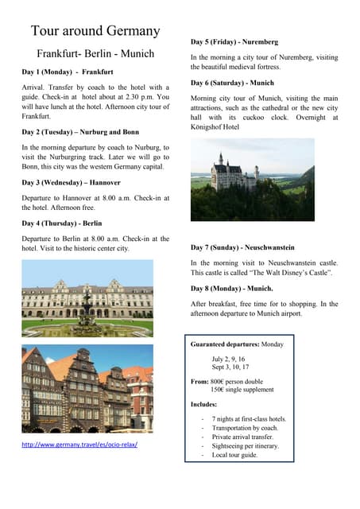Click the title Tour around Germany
tap(95, 31)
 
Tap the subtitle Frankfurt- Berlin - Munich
tap(95, 54)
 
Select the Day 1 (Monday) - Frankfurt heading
tap(68, 72)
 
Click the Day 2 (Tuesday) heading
tap(80, 132)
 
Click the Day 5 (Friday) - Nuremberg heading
tap(234, 41)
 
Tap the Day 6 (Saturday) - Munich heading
tap(232, 83)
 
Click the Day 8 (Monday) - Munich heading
tap(232, 288)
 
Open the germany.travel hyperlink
tap(79, 445)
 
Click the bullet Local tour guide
tap(235, 455)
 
